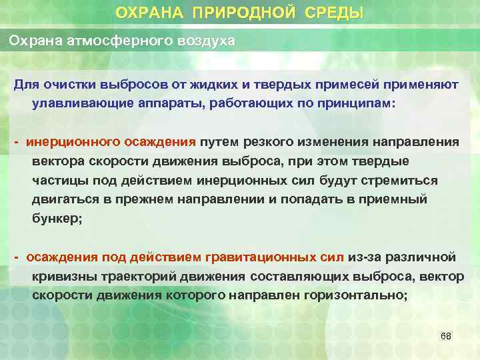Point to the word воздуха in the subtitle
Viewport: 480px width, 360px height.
click(x=205, y=41)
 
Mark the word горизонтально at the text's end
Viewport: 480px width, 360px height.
click(x=357, y=295)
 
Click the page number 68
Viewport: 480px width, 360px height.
click(x=446, y=336)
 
